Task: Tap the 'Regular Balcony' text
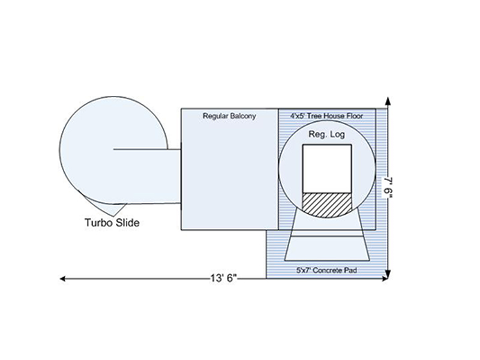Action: (229, 116)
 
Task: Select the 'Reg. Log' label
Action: (326, 135)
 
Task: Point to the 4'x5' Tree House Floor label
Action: (326, 115)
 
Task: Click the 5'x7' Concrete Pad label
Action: (326, 271)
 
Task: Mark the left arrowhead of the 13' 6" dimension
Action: (62, 278)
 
